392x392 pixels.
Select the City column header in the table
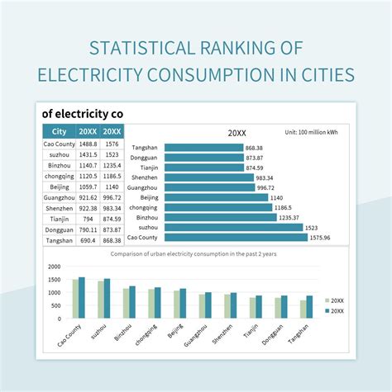[59, 131]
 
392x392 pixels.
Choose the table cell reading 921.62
[88, 198]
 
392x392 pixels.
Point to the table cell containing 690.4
[88, 240]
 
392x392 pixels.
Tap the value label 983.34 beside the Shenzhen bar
[265, 177]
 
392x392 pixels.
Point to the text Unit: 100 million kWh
[311, 132]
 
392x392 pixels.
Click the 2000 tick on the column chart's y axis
[55, 267]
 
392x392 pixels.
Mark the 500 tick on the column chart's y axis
[56, 305]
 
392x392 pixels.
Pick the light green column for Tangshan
[304, 309]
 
